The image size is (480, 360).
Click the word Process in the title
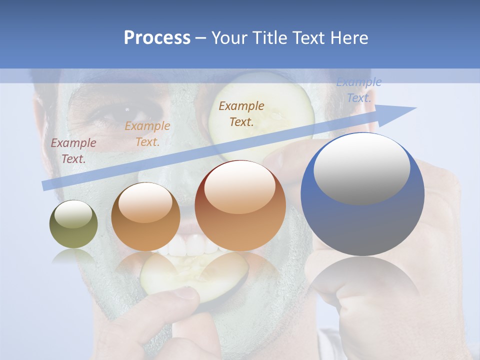pos(157,38)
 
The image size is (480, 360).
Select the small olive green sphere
pos(73,224)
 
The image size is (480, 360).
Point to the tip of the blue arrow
pos(415,108)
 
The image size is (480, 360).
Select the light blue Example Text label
pos(358,90)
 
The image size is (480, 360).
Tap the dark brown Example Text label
pos(241,113)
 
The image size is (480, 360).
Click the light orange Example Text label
pos(147,134)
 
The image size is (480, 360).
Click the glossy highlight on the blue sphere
pos(361,167)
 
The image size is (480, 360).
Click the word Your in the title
pos(231,38)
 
